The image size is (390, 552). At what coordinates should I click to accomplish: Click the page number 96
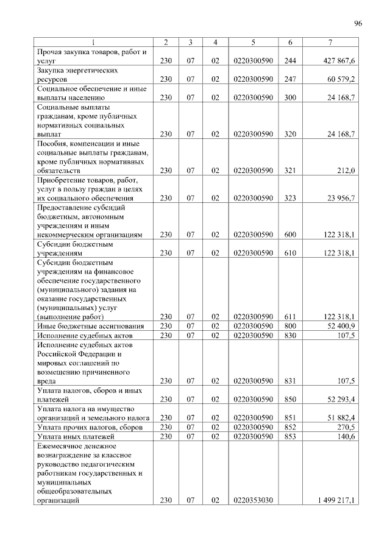coord(358,24)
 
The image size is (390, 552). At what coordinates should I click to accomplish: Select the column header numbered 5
coord(252,42)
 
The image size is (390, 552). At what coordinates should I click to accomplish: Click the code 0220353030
coord(252,500)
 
